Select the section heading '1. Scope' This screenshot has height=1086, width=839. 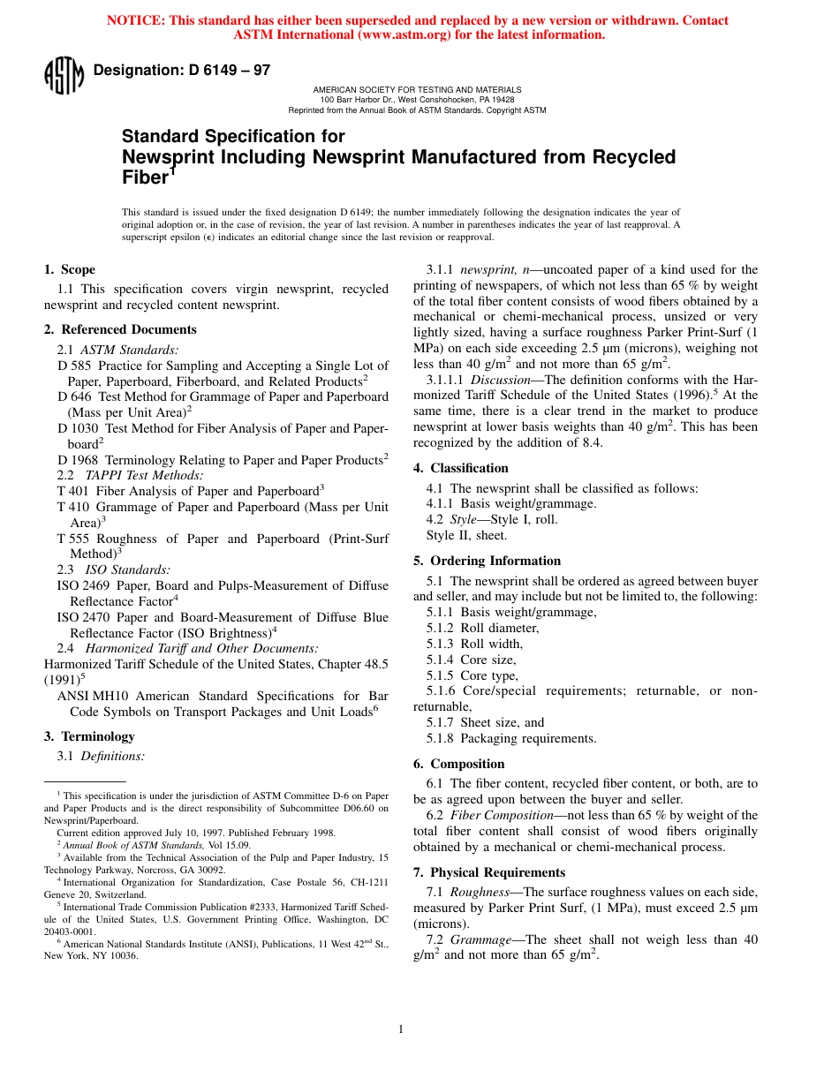pos(70,269)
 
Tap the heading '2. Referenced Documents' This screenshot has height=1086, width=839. pos(120,329)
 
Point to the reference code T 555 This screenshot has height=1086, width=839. pos(73,539)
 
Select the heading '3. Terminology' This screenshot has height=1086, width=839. pos(89,736)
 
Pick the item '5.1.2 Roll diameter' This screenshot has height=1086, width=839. pos(482,628)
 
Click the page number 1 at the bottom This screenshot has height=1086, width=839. pos(400,1029)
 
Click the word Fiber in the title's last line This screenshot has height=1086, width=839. pos(144,177)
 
